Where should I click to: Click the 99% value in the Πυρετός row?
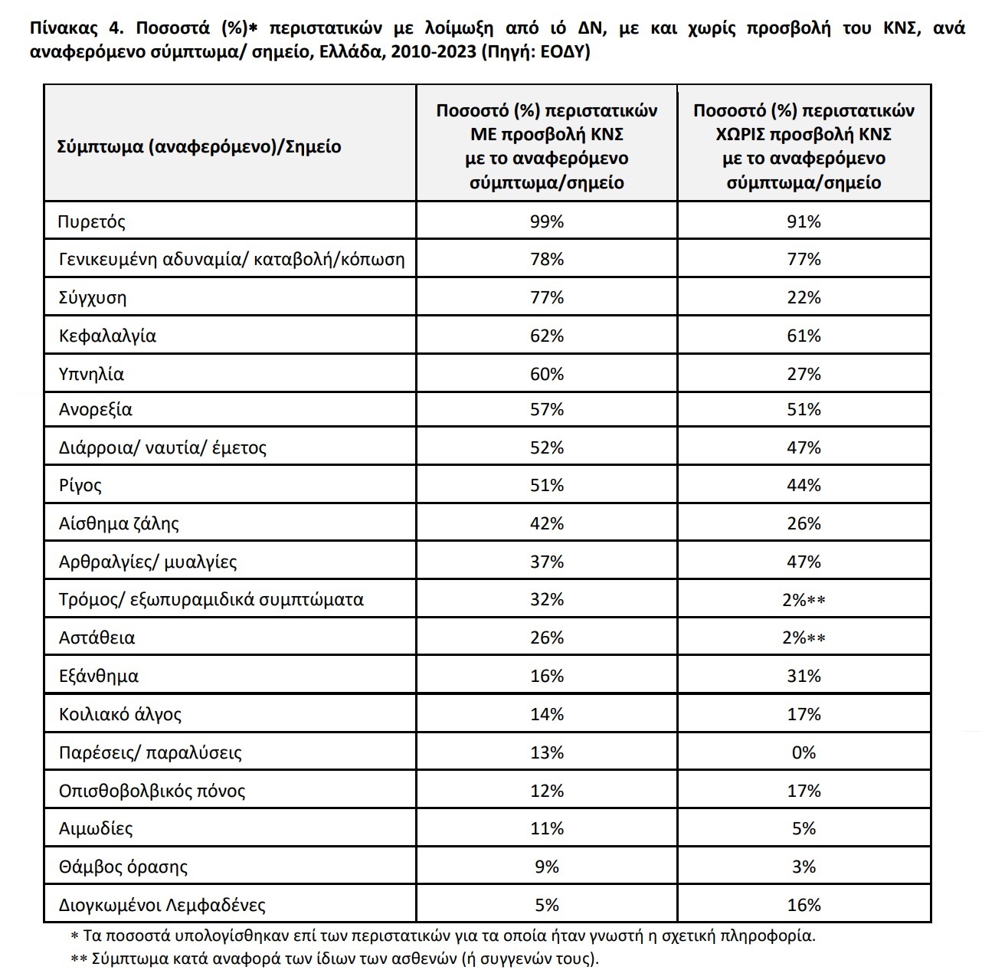click(546, 221)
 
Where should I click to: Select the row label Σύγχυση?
click(93, 297)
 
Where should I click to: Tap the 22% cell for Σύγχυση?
click(804, 297)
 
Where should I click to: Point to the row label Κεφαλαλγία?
click(107, 336)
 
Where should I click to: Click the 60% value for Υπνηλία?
click(546, 374)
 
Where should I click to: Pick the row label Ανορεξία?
click(96, 409)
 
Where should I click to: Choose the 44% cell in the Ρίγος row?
click(804, 485)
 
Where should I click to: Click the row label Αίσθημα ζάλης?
click(119, 523)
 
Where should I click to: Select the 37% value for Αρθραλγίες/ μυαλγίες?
click(546, 562)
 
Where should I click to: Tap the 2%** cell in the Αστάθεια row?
click(804, 637)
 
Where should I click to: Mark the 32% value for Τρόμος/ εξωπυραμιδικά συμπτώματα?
click(546, 599)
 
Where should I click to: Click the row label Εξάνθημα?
click(99, 676)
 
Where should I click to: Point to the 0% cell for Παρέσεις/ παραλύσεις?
click(804, 752)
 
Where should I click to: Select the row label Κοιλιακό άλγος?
click(120, 714)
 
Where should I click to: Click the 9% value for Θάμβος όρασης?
click(546, 867)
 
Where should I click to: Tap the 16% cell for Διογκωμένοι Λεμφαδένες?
click(804, 905)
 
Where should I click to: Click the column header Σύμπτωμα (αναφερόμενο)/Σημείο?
click(199, 146)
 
